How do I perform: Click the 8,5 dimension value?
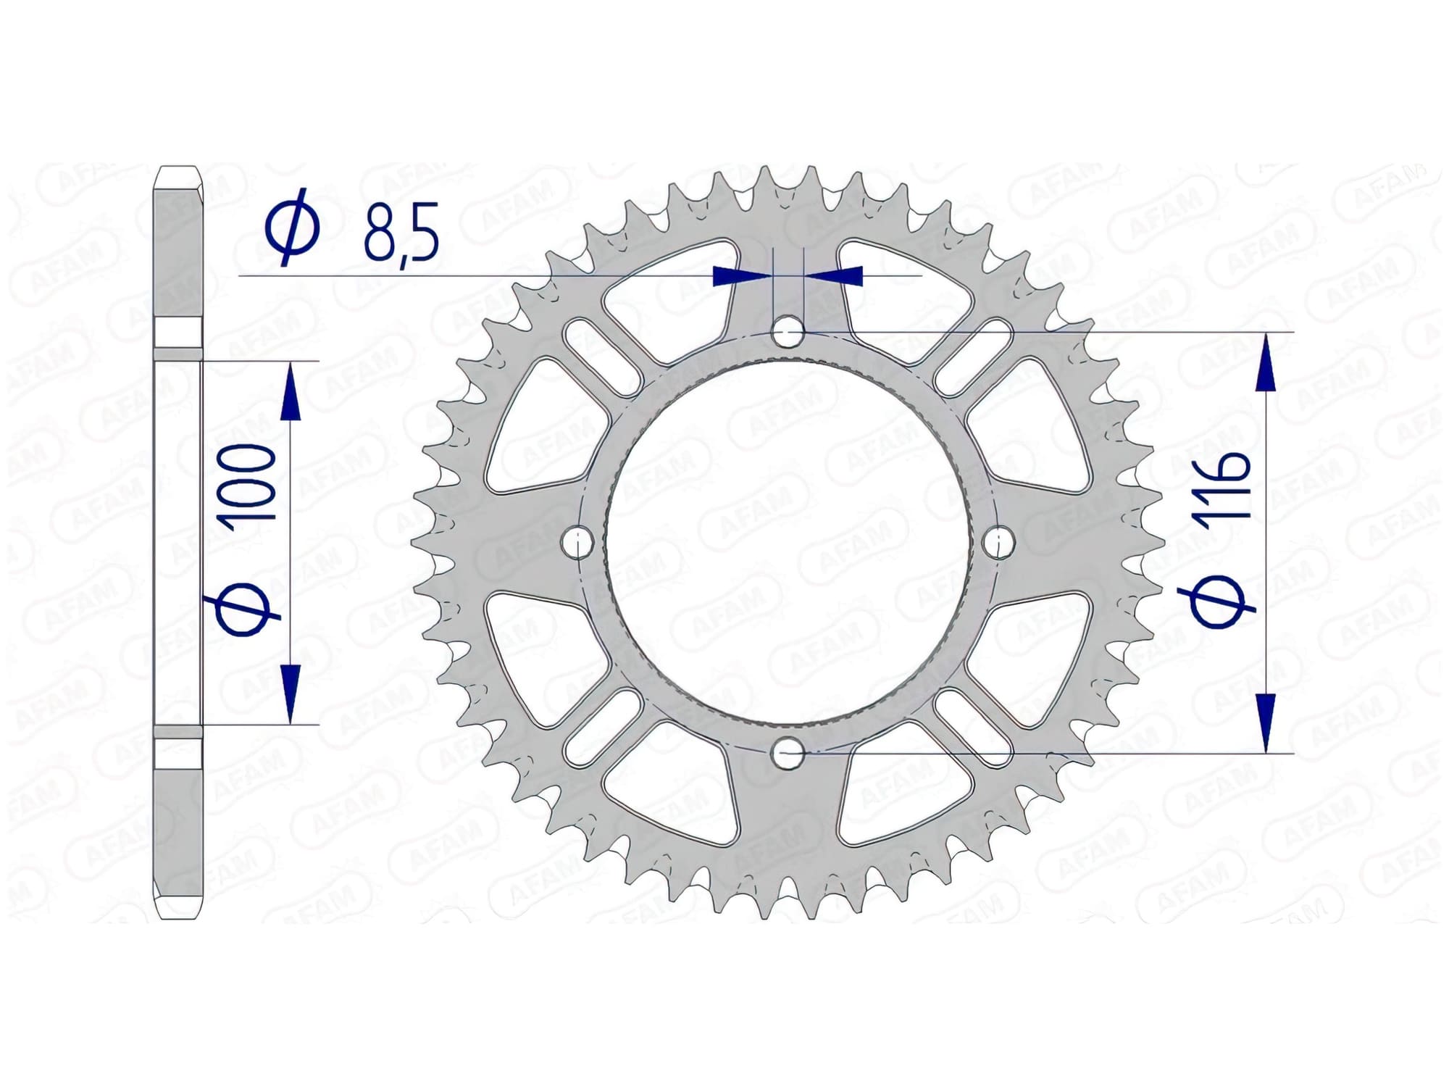(401, 233)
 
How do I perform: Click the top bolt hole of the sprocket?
(788, 333)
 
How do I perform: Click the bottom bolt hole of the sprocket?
(788, 754)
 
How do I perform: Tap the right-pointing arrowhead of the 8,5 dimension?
(739, 276)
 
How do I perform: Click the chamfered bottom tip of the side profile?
(178, 910)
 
